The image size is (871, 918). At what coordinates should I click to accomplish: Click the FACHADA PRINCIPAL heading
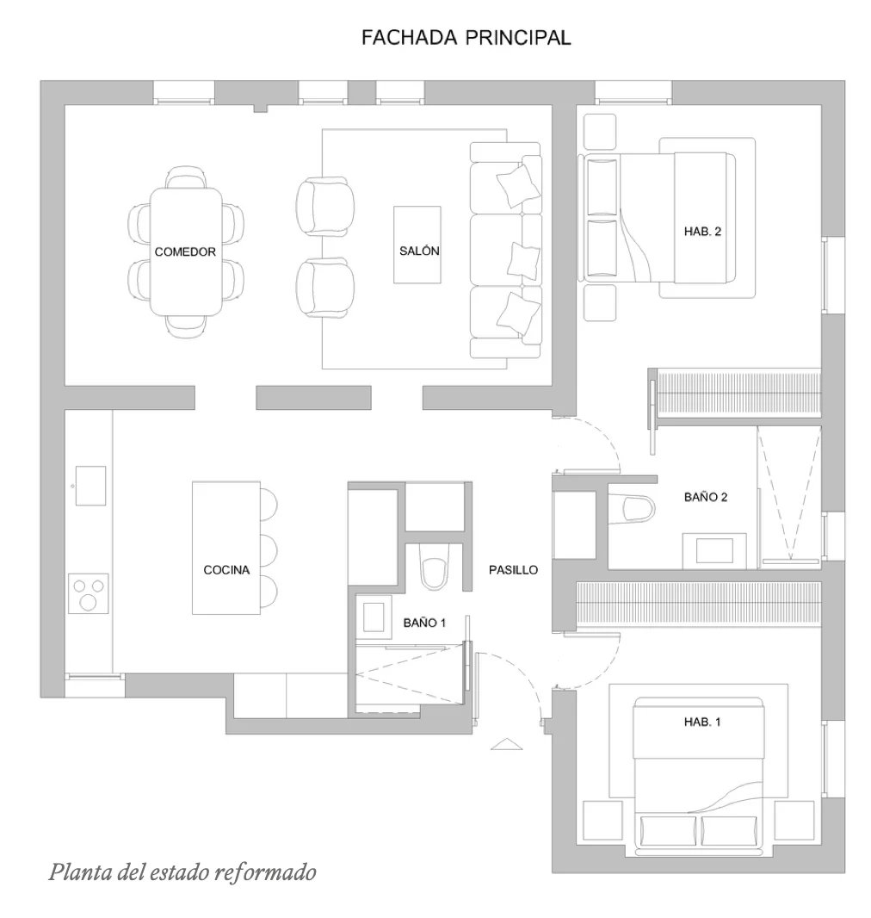point(466,38)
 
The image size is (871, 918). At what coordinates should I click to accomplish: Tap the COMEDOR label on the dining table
point(185,251)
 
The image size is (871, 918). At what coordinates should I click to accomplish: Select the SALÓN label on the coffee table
point(419,251)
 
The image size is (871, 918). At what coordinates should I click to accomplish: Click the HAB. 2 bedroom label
point(702,232)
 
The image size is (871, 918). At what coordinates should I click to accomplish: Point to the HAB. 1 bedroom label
point(702,722)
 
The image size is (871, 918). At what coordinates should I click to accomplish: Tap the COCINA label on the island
point(226,569)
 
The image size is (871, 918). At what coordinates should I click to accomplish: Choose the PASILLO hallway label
point(513,569)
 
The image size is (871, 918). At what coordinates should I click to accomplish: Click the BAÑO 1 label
point(424,623)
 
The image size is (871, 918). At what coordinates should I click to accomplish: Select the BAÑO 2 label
point(706,497)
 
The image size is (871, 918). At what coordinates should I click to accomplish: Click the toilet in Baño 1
point(434,566)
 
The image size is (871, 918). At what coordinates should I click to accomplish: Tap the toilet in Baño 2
point(631,508)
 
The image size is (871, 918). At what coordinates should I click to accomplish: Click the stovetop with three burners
point(89,593)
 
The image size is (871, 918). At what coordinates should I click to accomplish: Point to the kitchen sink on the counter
point(90,486)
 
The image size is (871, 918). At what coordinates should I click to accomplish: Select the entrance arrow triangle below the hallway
point(507,744)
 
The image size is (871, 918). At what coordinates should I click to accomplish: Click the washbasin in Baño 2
point(714,551)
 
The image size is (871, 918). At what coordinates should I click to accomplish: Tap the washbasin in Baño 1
point(374,618)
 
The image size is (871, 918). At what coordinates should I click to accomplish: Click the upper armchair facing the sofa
point(324,206)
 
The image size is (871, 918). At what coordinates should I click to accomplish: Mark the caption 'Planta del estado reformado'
point(182,872)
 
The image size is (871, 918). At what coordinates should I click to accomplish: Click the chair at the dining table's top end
point(185,177)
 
